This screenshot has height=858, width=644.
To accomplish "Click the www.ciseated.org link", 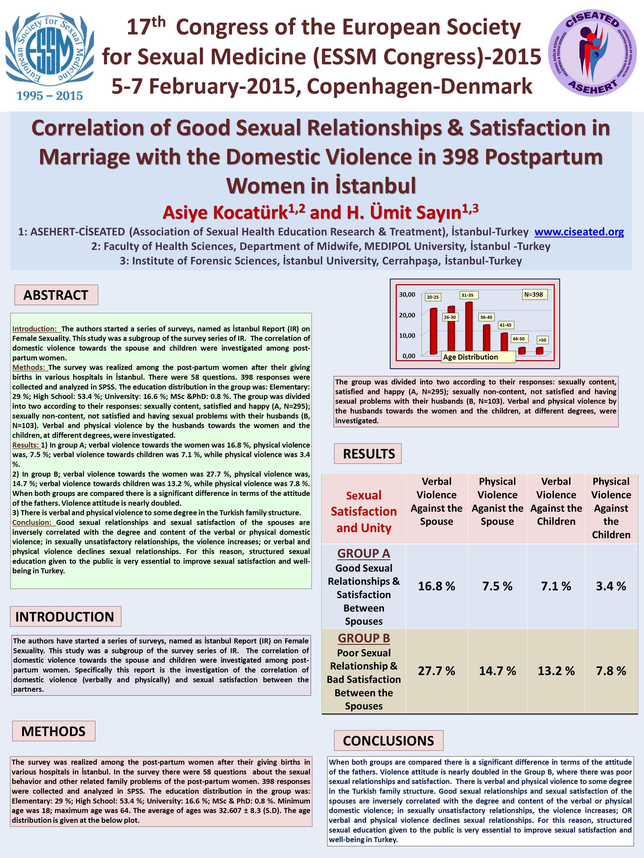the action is point(579,232).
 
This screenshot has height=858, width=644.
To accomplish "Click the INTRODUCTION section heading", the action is point(65,616).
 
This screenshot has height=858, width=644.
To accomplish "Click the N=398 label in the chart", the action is point(534,294).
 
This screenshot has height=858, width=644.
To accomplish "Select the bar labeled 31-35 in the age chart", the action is point(469,327).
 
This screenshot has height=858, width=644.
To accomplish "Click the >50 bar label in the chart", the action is point(542,340).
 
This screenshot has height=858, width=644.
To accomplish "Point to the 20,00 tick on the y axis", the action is point(407,315).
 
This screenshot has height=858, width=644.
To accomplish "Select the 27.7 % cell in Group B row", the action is point(436,671).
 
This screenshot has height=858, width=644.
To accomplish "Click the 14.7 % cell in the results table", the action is point(497,671).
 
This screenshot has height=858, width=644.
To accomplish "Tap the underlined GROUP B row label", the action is point(364,638).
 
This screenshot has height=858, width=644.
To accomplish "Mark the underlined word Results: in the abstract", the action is point(26,445).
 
